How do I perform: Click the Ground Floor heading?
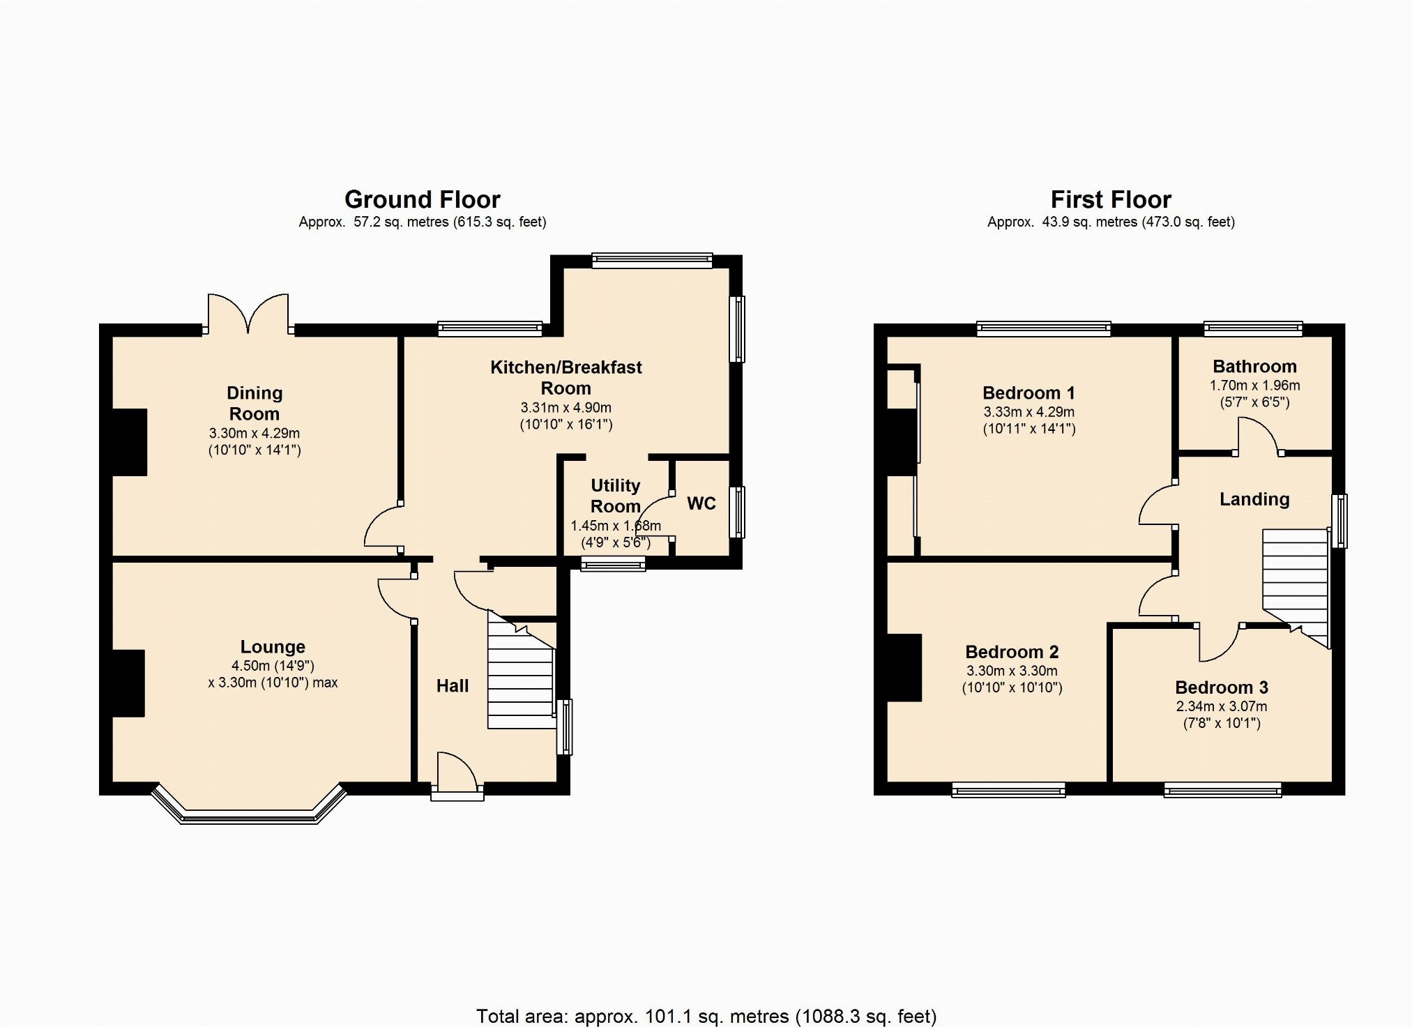pyautogui.click(x=423, y=200)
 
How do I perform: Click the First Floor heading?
pyautogui.click(x=1111, y=200)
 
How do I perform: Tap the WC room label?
pyautogui.click(x=701, y=503)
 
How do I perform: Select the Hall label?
pyautogui.click(x=453, y=686)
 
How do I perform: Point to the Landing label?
pyautogui.click(x=1254, y=499)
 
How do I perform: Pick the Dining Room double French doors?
pyautogui.click(x=248, y=314)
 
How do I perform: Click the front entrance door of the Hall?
pyautogui.click(x=457, y=775)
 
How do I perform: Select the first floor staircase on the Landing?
pyautogui.click(x=1296, y=584)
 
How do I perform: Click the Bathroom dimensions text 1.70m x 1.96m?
pyautogui.click(x=1254, y=386)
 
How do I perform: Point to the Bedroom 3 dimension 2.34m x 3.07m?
pyautogui.click(x=1222, y=706)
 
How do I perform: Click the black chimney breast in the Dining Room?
pyautogui.click(x=130, y=443)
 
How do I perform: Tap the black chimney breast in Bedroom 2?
pyautogui.click(x=904, y=667)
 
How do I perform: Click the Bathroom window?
pyautogui.click(x=1253, y=328)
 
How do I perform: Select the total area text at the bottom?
pyautogui.click(x=706, y=1016)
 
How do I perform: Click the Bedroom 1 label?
pyautogui.click(x=1028, y=393)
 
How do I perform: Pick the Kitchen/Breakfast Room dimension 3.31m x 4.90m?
pyautogui.click(x=565, y=408)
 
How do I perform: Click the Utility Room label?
pyautogui.click(x=615, y=496)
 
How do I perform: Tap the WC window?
pyautogui.click(x=737, y=512)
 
